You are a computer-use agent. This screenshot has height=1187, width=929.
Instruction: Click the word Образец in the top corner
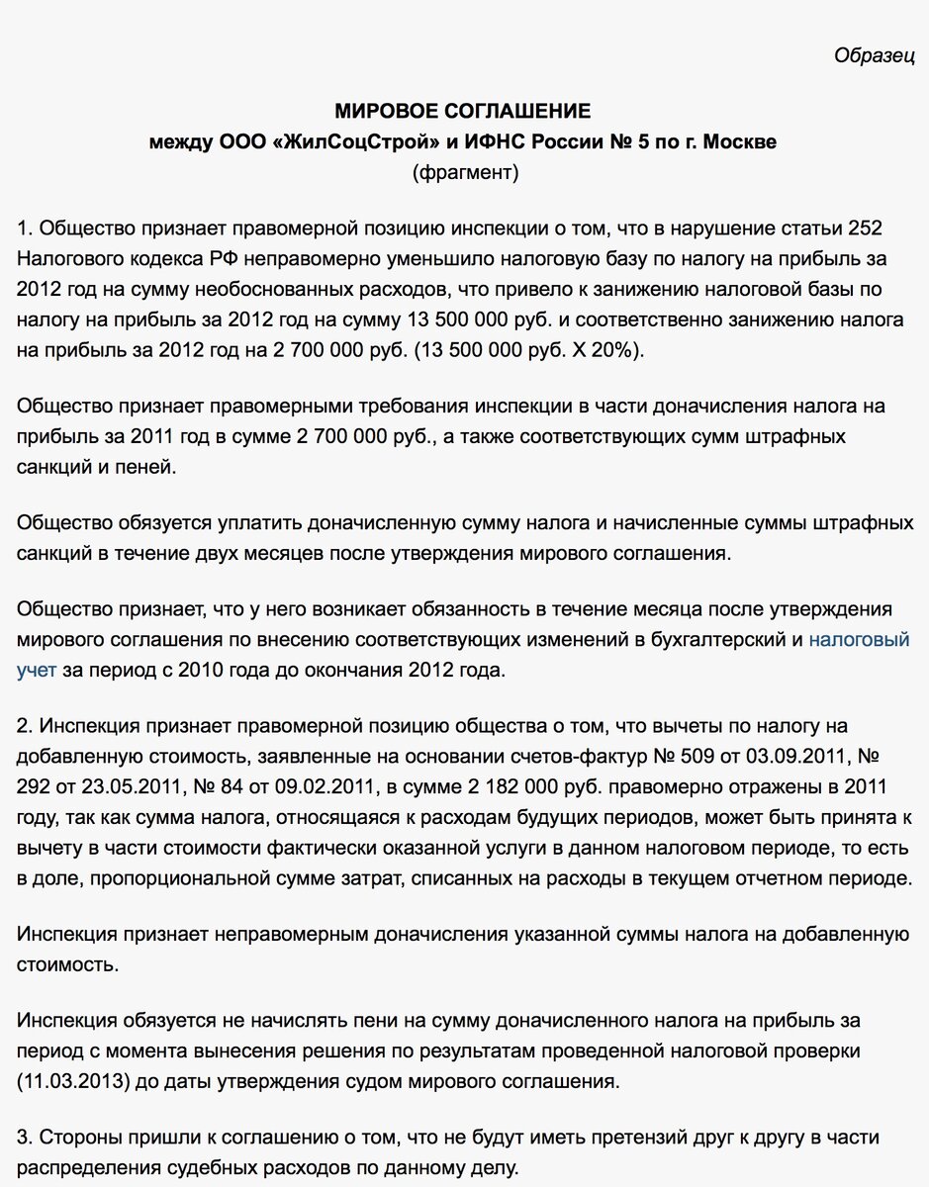(875, 55)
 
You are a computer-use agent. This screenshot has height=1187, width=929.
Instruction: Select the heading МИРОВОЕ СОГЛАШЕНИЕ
(463, 110)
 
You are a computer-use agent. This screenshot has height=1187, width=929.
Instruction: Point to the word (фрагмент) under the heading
(464, 173)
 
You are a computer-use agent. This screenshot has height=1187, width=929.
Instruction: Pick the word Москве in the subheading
(742, 141)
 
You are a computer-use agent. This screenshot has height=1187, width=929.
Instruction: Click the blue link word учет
(37, 671)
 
